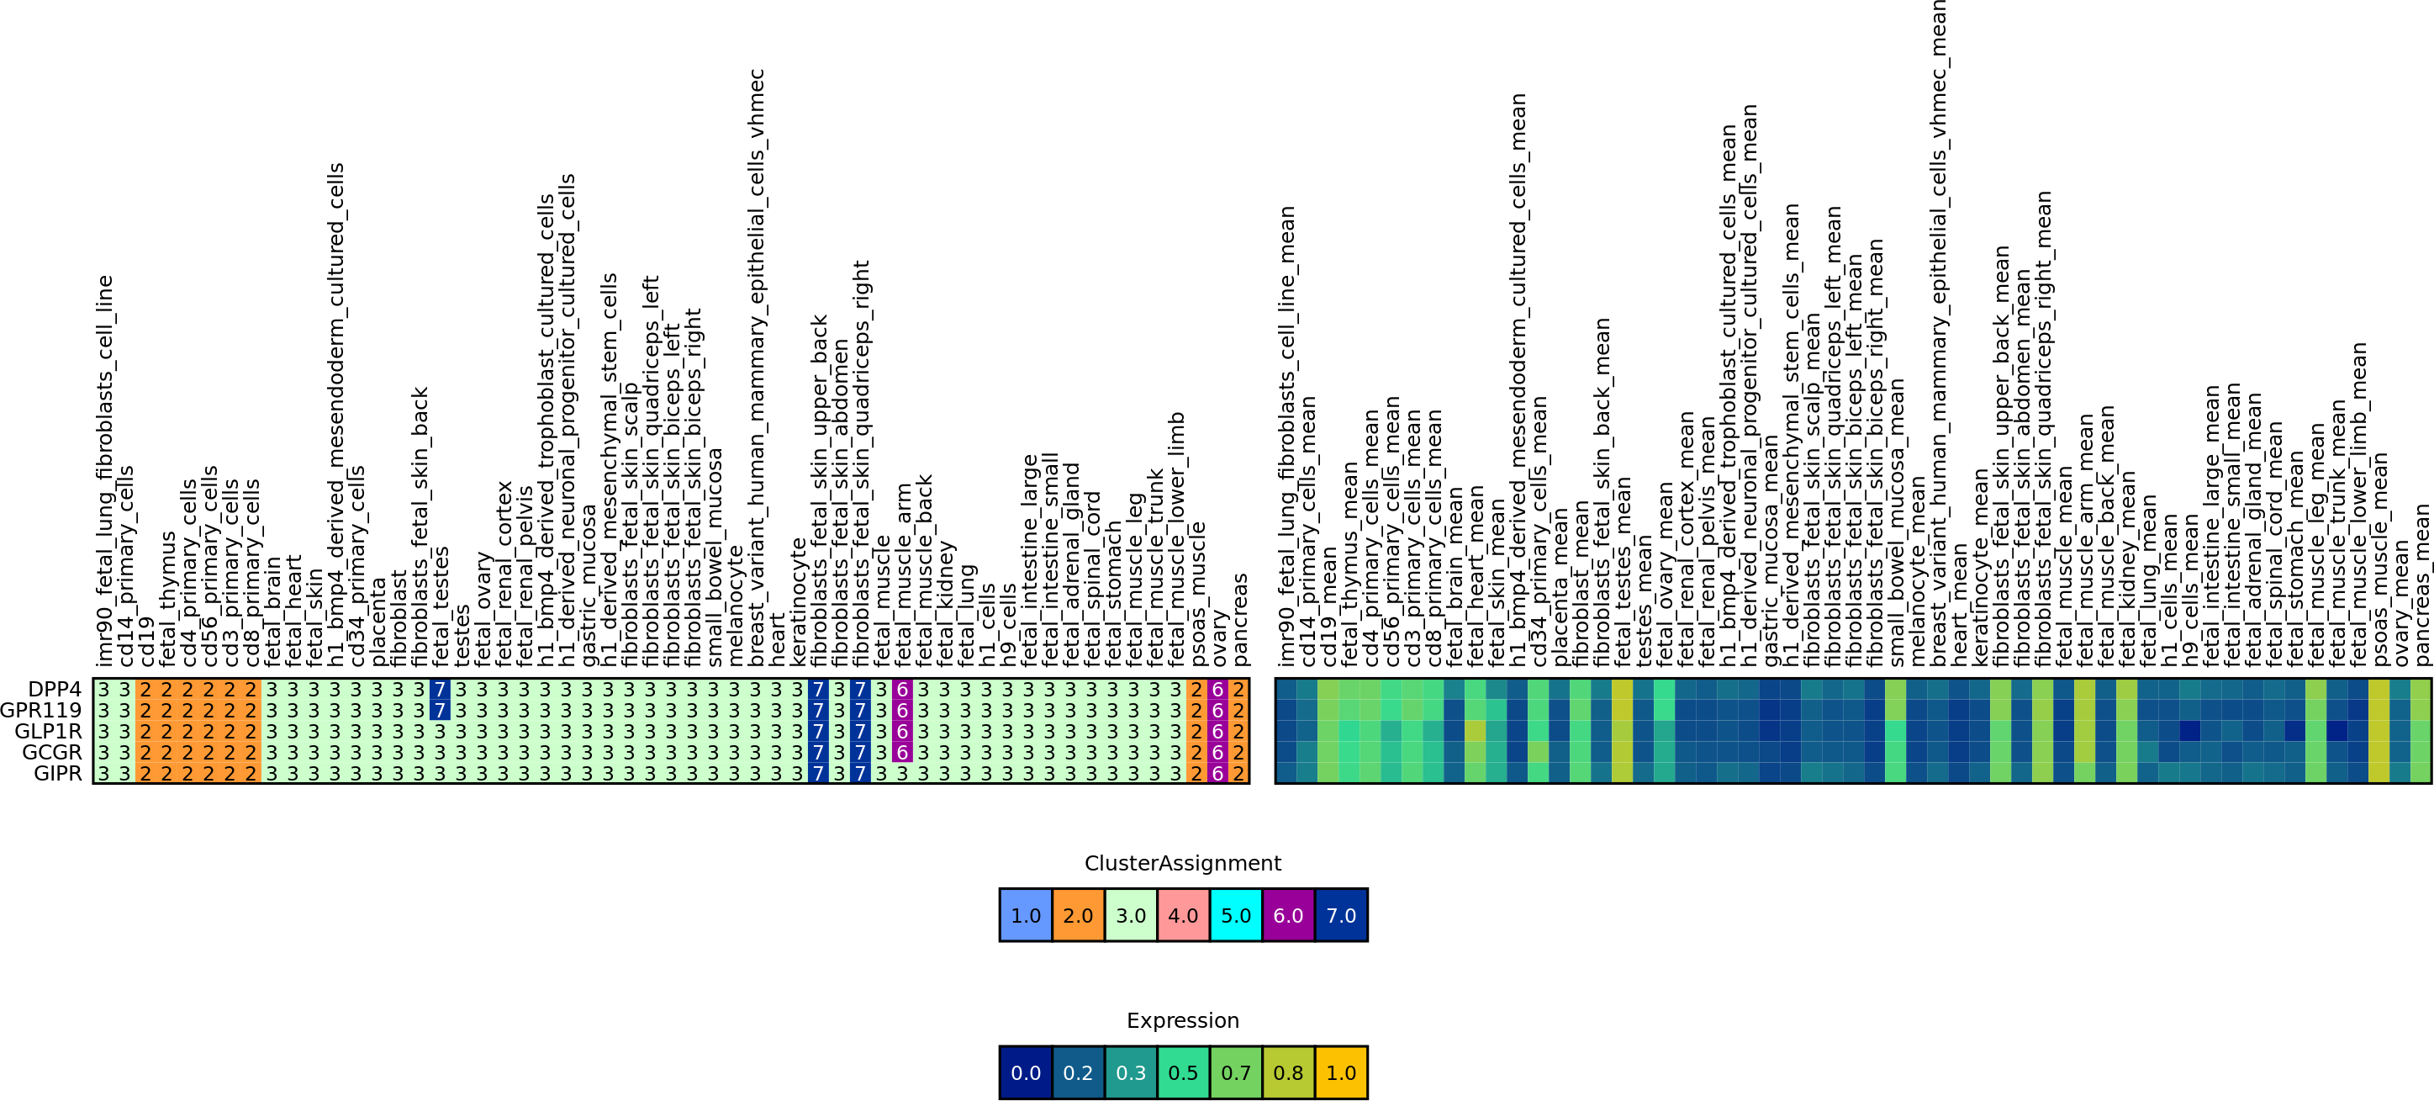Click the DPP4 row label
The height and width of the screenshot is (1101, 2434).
pyautogui.click(x=55, y=689)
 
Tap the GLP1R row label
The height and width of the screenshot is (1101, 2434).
pyautogui.click(x=48, y=731)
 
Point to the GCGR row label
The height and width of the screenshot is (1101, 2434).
pyautogui.click(x=51, y=752)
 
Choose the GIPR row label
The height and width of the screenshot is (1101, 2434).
pyautogui.click(x=58, y=773)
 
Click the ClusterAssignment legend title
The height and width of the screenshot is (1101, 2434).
pyautogui.click(x=1182, y=863)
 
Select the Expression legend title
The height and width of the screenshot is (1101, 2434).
pyautogui.click(x=1182, y=1020)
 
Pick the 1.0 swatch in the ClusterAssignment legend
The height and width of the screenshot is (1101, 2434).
pyautogui.click(x=1025, y=915)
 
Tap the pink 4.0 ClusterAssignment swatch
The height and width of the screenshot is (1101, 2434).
pyautogui.click(x=1183, y=915)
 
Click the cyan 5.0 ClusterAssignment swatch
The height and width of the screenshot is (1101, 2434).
pyautogui.click(x=1236, y=915)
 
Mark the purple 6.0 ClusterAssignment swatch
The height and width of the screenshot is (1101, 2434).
pyautogui.click(x=1288, y=915)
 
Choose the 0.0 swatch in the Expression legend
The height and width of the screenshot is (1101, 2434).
pyautogui.click(x=1025, y=1072)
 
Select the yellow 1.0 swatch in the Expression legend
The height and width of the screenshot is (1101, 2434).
pyautogui.click(x=1341, y=1072)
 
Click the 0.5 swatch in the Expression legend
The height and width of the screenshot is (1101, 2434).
pyautogui.click(x=1183, y=1072)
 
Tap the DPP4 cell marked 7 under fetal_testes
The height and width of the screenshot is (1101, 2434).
pyautogui.click(x=440, y=689)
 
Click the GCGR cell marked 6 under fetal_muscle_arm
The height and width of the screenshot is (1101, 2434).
pyautogui.click(x=902, y=752)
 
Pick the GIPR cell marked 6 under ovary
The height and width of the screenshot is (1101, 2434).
pyautogui.click(x=1217, y=773)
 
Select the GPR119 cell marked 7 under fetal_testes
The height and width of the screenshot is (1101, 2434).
pyautogui.click(x=440, y=710)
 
